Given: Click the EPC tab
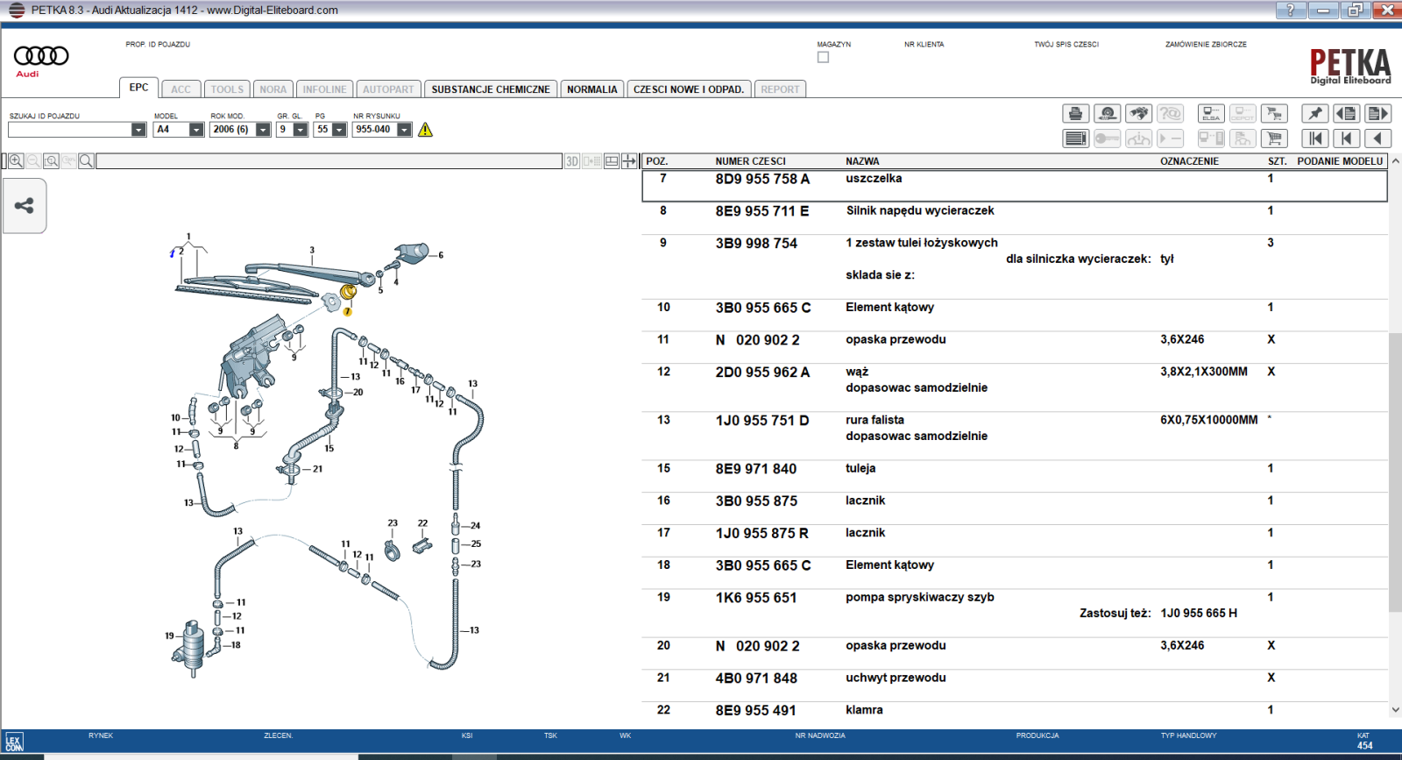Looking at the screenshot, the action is [138, 88].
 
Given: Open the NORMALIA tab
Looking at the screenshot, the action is [591, 89].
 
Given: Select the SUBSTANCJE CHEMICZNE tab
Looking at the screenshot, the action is [490, 89].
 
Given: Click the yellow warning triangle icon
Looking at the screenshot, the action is [425, 130].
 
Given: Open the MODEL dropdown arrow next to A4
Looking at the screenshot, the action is [196, 130].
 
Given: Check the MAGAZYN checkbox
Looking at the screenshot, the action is [823, 58].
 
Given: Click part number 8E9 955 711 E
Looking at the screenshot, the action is [761, 211].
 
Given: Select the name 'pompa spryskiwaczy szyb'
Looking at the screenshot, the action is [919, 597].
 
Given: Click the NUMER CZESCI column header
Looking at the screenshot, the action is [750, 161].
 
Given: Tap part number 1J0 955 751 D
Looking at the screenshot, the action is [761, 421].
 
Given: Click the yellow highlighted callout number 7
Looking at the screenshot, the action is [347, 312].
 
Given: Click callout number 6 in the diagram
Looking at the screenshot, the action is [441, 255].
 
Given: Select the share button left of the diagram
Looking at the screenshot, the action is [25, 205].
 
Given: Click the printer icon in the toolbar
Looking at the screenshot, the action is [1075, 113].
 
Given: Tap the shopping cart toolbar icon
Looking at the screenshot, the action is [1274, 139].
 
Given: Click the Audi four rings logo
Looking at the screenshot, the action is [41, 56].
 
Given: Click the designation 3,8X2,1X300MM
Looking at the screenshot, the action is [1204, 372].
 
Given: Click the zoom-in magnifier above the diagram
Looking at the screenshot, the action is [17, 161].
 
